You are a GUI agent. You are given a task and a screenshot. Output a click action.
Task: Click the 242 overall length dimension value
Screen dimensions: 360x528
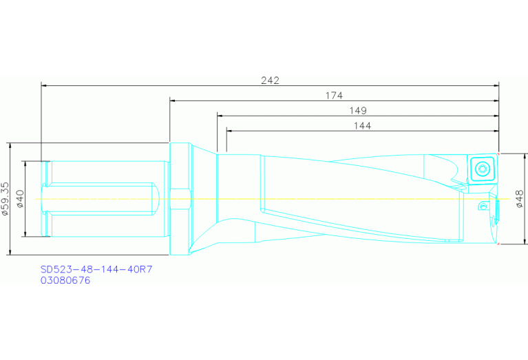[270, 81]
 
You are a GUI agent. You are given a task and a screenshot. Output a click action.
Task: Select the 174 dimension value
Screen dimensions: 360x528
[334, 96]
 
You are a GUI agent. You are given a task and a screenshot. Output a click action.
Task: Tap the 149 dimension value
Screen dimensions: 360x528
[358, 110]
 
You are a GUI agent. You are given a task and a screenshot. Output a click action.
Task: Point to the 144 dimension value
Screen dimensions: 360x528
[362, 125]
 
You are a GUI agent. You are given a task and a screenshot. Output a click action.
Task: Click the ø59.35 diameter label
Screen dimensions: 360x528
[6, 199]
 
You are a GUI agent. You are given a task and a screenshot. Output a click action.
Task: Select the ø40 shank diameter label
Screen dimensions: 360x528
[20, 199]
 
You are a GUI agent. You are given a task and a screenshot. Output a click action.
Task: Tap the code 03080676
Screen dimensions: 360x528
[65, 280]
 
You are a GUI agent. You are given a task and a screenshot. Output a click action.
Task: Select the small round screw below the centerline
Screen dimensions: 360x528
[483, 207]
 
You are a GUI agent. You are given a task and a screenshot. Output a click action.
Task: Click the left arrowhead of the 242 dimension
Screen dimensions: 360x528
[45, 86]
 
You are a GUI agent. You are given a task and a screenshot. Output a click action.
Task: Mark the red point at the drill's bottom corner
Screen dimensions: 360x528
[497, 244]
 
